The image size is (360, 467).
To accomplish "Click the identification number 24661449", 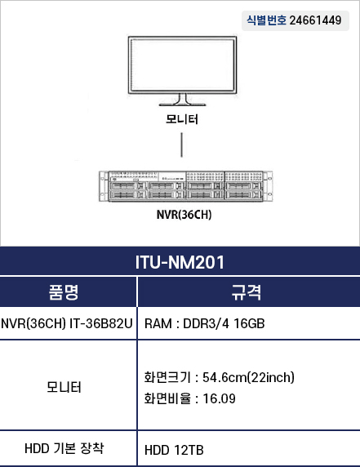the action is point(315,20).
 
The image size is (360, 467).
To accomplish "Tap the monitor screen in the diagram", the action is point(182,65).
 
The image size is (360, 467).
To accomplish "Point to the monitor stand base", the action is point(182,105).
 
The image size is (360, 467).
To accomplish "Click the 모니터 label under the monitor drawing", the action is point(182,119).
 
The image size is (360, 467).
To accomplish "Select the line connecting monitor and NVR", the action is point(182,145).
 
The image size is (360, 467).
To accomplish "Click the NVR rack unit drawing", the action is point(185,186).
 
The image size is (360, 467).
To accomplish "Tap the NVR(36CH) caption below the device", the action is point(184,215).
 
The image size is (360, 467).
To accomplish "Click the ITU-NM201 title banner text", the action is point(180,262).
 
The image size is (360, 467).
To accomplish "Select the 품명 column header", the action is point(64,292).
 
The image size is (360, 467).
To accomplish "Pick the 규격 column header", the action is point(247,292).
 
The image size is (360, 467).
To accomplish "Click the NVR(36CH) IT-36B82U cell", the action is point(67,323).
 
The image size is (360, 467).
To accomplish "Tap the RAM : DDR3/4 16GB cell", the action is point(205,323).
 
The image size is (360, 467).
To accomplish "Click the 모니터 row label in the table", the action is point(64,387).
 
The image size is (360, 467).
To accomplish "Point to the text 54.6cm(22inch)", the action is point(249,377).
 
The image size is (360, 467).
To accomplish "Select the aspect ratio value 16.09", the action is point(219,398).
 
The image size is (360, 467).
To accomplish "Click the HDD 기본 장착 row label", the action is point(64,448).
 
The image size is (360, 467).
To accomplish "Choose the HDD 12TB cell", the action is point(174,450).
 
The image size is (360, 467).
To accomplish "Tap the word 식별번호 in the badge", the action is point(266,20).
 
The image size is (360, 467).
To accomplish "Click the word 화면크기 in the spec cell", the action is point(167,377).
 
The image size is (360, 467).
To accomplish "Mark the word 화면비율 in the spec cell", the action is point(167,398).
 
